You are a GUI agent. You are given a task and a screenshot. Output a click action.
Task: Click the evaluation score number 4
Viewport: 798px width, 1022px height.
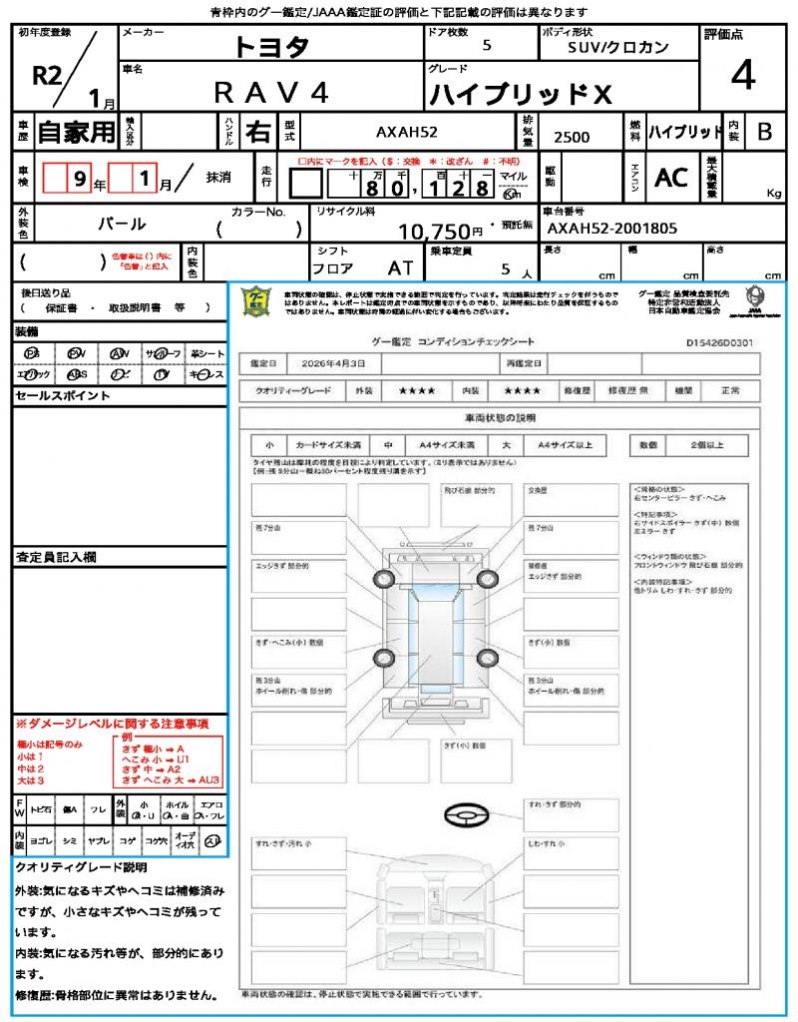pyautogui.click(x=742, y=76)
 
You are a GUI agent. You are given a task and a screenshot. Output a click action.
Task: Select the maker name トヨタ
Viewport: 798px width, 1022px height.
pyautogui.click(x=271, y=47)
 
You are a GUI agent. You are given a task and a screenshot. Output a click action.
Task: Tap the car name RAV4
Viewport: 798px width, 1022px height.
pyautogui.click(x=271, y=92)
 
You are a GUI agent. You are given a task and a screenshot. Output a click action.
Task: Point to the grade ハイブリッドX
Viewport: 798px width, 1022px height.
pyautogui.click(x=519, y=95)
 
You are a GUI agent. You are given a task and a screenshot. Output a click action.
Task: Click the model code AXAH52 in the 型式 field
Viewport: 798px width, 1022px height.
pyautogui.click(x=406, y=132)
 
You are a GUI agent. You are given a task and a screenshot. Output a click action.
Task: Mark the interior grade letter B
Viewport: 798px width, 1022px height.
pyautogui.click(x=764, y=131)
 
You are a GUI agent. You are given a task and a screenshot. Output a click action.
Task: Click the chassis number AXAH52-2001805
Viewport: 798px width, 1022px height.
pyautogui.click(x=612, y=229)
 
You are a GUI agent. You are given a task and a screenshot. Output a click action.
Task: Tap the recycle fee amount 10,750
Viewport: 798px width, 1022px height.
pyautogui.click(x=434, y=232)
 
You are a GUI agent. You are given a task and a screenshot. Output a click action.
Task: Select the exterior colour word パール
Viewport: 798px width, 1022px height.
pyautogui.click(x=121, y=224)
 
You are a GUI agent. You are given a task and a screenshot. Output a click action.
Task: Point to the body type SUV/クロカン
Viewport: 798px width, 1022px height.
pyautogui.click(x=618, y=47)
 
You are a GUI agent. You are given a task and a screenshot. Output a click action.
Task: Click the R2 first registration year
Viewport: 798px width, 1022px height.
pyautogui.click(x=47, y=75)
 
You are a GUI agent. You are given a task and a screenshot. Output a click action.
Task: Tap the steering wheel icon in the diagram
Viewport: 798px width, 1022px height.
pyautogui.click(x=466, y=815)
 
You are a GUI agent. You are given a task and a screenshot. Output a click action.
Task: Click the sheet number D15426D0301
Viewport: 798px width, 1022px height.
pyautogui.click(x=719, y=342)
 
